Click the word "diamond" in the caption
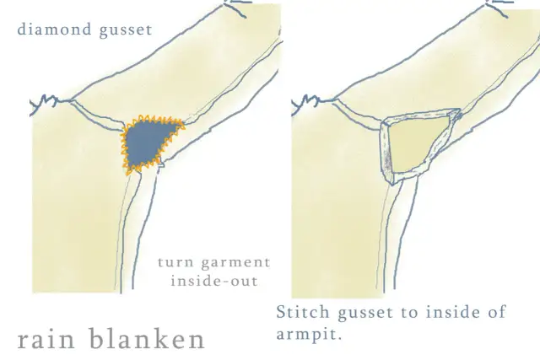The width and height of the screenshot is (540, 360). (54, 29)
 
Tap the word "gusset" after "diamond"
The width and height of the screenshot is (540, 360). (126, 30)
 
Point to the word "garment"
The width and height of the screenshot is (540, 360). (236, 263)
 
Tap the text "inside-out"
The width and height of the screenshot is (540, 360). (214, 282)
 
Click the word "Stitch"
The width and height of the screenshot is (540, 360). (303, 312)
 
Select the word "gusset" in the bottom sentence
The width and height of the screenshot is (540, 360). (365, 314)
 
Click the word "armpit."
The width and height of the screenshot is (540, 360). (310, 335)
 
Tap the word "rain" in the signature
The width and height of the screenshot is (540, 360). (46, 339)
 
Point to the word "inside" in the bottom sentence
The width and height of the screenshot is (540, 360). (452, 312)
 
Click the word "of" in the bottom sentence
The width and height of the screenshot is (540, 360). (496, 312)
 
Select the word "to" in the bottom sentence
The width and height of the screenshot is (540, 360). (409, 313)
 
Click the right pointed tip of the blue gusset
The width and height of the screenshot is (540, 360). (184, 126)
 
